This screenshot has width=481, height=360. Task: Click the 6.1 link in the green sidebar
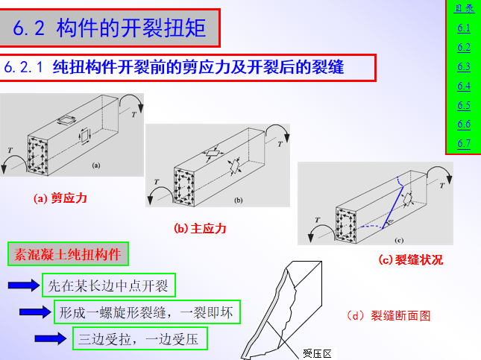[464, 28]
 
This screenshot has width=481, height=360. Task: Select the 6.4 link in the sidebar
[464, 86]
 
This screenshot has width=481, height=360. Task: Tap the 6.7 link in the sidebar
[464, 144]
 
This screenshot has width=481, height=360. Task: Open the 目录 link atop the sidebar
[464, 8]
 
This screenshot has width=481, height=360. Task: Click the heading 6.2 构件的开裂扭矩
[109, 28]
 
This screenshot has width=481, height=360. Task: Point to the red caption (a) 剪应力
[60, 198]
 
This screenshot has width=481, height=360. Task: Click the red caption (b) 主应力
[200, 229]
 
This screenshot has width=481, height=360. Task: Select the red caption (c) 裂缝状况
[411, 260]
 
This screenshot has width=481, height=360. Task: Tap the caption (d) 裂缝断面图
[389, 315]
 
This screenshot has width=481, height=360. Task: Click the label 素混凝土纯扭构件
[68, 254]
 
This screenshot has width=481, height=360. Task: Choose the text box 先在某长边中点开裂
[109, 285]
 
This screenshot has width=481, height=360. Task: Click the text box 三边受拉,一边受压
[140, 338]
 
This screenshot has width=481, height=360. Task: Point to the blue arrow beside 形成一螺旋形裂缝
[35, 312]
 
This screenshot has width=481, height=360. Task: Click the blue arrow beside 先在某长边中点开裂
[24, 285]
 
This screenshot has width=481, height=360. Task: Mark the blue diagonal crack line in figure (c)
[393, 207]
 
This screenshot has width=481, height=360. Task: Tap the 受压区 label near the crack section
[317, 353]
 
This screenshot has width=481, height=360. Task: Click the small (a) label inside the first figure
[96, 165]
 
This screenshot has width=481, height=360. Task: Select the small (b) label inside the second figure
[239, 200]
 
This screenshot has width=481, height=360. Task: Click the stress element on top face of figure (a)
[66, 120]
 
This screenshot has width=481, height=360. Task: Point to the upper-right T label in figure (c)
[441, 186]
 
